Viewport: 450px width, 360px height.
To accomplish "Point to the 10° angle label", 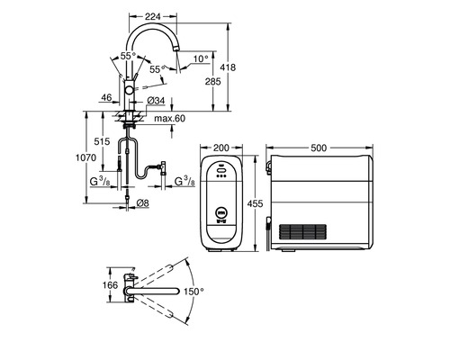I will click(200, 59).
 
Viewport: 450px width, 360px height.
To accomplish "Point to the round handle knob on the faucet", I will click(131, 93).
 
